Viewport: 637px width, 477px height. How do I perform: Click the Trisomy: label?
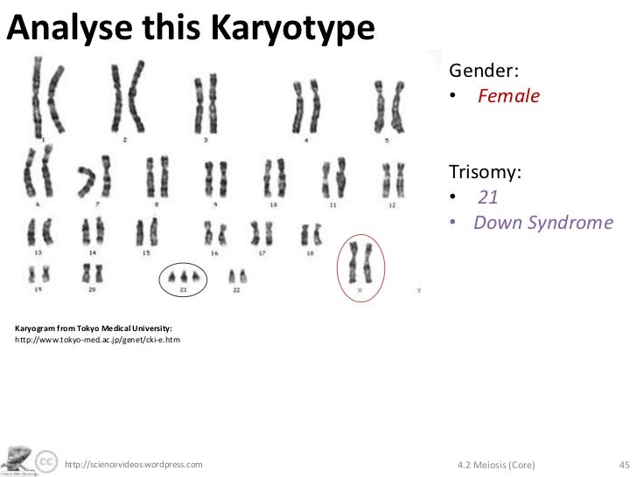486,170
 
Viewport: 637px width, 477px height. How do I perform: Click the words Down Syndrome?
539,222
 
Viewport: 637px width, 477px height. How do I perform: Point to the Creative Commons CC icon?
47,460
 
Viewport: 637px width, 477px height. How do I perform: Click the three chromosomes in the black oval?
185,277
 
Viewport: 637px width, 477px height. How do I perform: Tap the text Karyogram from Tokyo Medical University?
86,327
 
